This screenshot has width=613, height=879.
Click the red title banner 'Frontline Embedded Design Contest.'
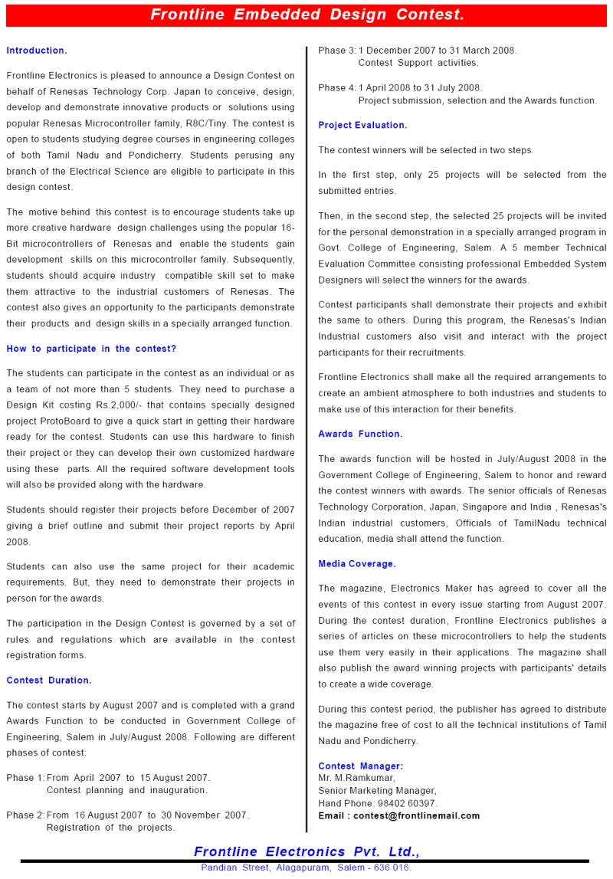point(306,15)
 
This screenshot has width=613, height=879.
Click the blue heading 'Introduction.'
point(36,51)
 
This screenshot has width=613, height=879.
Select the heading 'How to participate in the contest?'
point(91,349)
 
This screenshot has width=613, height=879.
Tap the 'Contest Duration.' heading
point(48,681)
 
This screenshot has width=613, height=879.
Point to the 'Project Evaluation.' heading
point(362,125)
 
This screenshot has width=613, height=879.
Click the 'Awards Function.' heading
point(360,434)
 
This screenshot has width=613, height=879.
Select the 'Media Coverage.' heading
point(357,564)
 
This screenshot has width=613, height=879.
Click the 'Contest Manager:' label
point(360,766)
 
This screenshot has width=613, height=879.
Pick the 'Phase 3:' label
point(337,51)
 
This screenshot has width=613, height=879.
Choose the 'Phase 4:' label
point(337,88)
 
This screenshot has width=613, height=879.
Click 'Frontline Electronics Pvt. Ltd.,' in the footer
point(306,852)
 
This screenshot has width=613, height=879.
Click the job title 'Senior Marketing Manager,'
point(377,791)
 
